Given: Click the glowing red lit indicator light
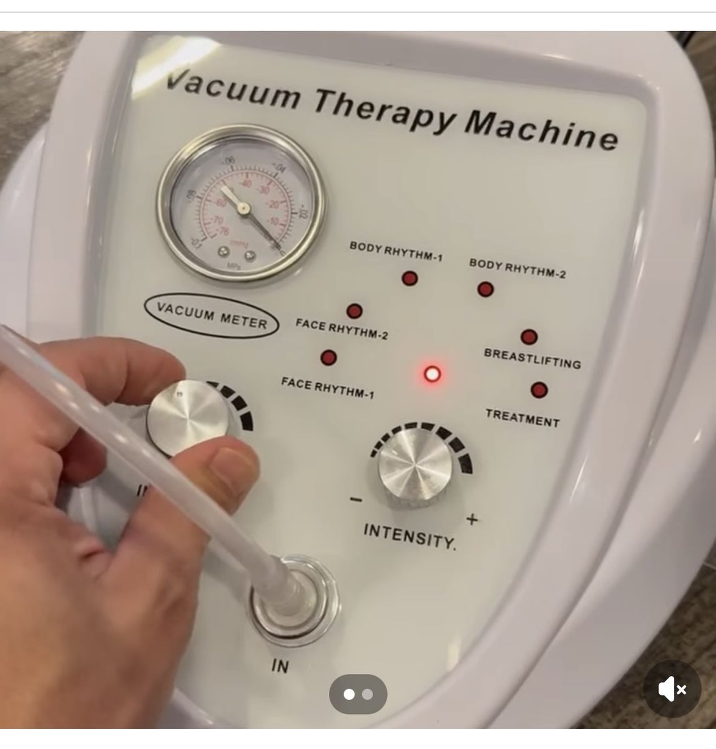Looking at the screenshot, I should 432,374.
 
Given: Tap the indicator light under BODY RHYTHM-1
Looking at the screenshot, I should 409,278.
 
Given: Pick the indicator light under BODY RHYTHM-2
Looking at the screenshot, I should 485,289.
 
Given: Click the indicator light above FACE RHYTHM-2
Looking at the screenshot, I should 354,311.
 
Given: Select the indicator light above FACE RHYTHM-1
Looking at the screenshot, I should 328,358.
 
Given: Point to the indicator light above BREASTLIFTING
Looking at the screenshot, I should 529,337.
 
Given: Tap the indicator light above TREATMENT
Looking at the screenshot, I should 539,390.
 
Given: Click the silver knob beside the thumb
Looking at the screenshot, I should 188,415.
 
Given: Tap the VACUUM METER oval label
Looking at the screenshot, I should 212,316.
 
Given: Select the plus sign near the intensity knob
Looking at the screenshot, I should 472,519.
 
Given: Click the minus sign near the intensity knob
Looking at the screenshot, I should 356,499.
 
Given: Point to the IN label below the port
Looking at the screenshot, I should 280,666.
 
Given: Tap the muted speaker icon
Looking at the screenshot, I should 672,689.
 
